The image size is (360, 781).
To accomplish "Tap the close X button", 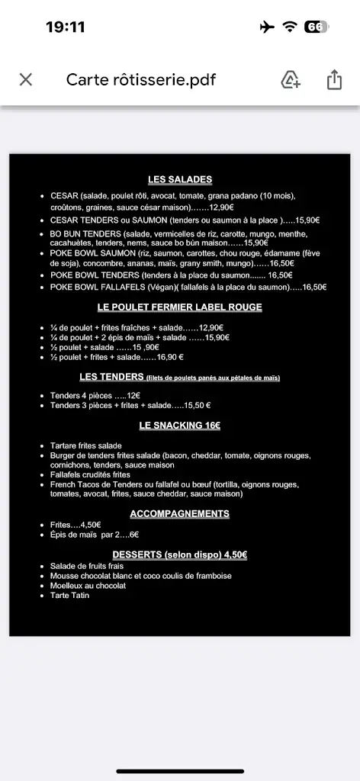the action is pos(26,79).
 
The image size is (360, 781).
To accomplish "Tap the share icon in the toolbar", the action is pos(334,79).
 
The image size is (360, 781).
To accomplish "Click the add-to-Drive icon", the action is pos(291,79).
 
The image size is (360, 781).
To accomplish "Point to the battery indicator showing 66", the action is pos(316,27).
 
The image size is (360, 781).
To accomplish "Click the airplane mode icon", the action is pos(267,27).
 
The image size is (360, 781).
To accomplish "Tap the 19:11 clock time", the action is pos(66,27).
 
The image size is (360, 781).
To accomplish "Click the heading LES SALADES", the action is pos(180,180).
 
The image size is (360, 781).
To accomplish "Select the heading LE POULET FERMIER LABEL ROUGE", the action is pos(180,307).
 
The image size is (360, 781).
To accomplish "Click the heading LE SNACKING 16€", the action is pos(180,425).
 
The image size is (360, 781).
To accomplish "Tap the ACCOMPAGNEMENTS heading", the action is pos(180,513).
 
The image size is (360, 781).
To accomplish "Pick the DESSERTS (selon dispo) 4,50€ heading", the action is pos(180,554).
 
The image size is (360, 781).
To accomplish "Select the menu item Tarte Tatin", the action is pos(69,595).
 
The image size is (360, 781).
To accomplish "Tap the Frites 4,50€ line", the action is pos(76,525).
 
